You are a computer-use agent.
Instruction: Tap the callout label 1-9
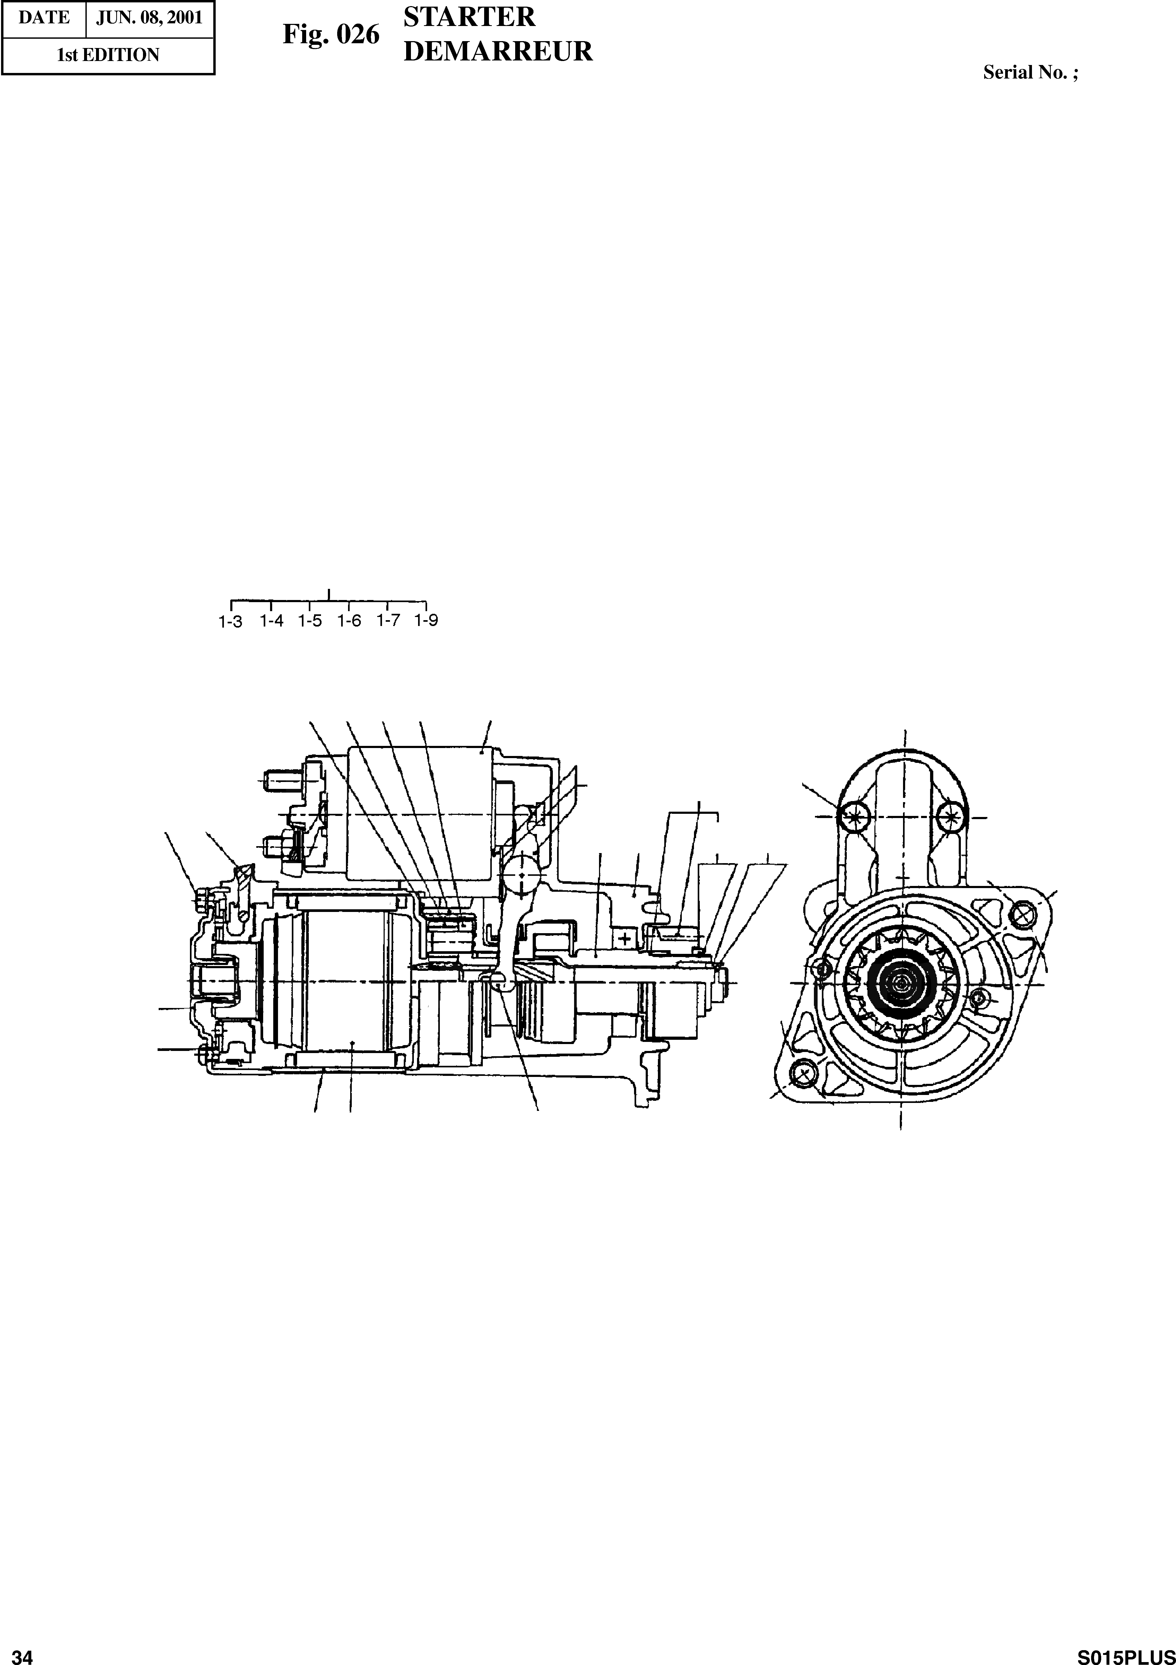click(x=426, y=621)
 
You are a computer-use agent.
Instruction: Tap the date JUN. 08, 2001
click(x=149, y=18)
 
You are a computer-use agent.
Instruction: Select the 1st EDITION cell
click(x=108, y=55)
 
